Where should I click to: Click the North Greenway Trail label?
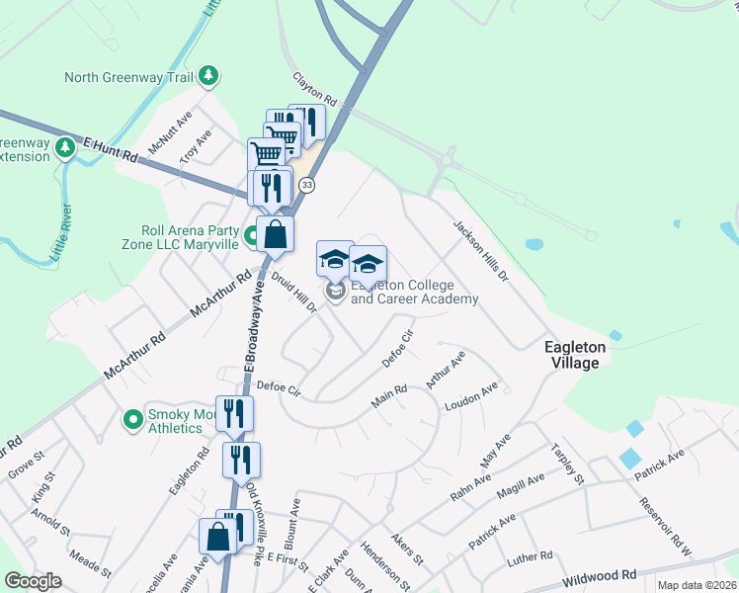pos(128,77)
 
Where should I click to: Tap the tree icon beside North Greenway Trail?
pos(207,75)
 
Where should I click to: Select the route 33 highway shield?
pos(307,185)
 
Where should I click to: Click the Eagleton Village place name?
pos(571,355)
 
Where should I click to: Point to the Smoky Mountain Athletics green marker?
pos(132,421)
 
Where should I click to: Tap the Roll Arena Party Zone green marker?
pos(251,236)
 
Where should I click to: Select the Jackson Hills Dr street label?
pos(480,252)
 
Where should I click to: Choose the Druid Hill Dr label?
pos(293,294)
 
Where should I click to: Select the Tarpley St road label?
pos(568,463)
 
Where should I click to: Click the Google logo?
pos(33,581)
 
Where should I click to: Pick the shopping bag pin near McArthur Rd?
pos(276,235)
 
